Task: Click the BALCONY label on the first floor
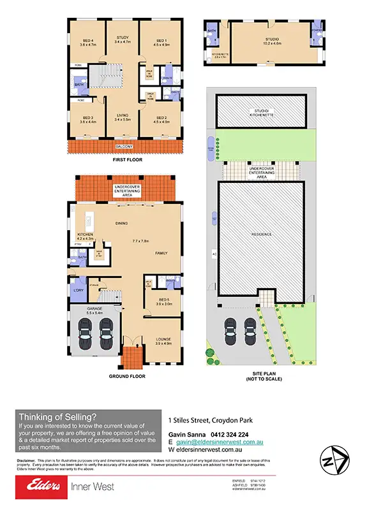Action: coord(124,147)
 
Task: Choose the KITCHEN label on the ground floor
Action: coord(86,235)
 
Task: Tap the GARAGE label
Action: coord(95,310)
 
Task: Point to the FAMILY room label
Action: coord(161,253)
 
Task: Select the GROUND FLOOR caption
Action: coord(126,377)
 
